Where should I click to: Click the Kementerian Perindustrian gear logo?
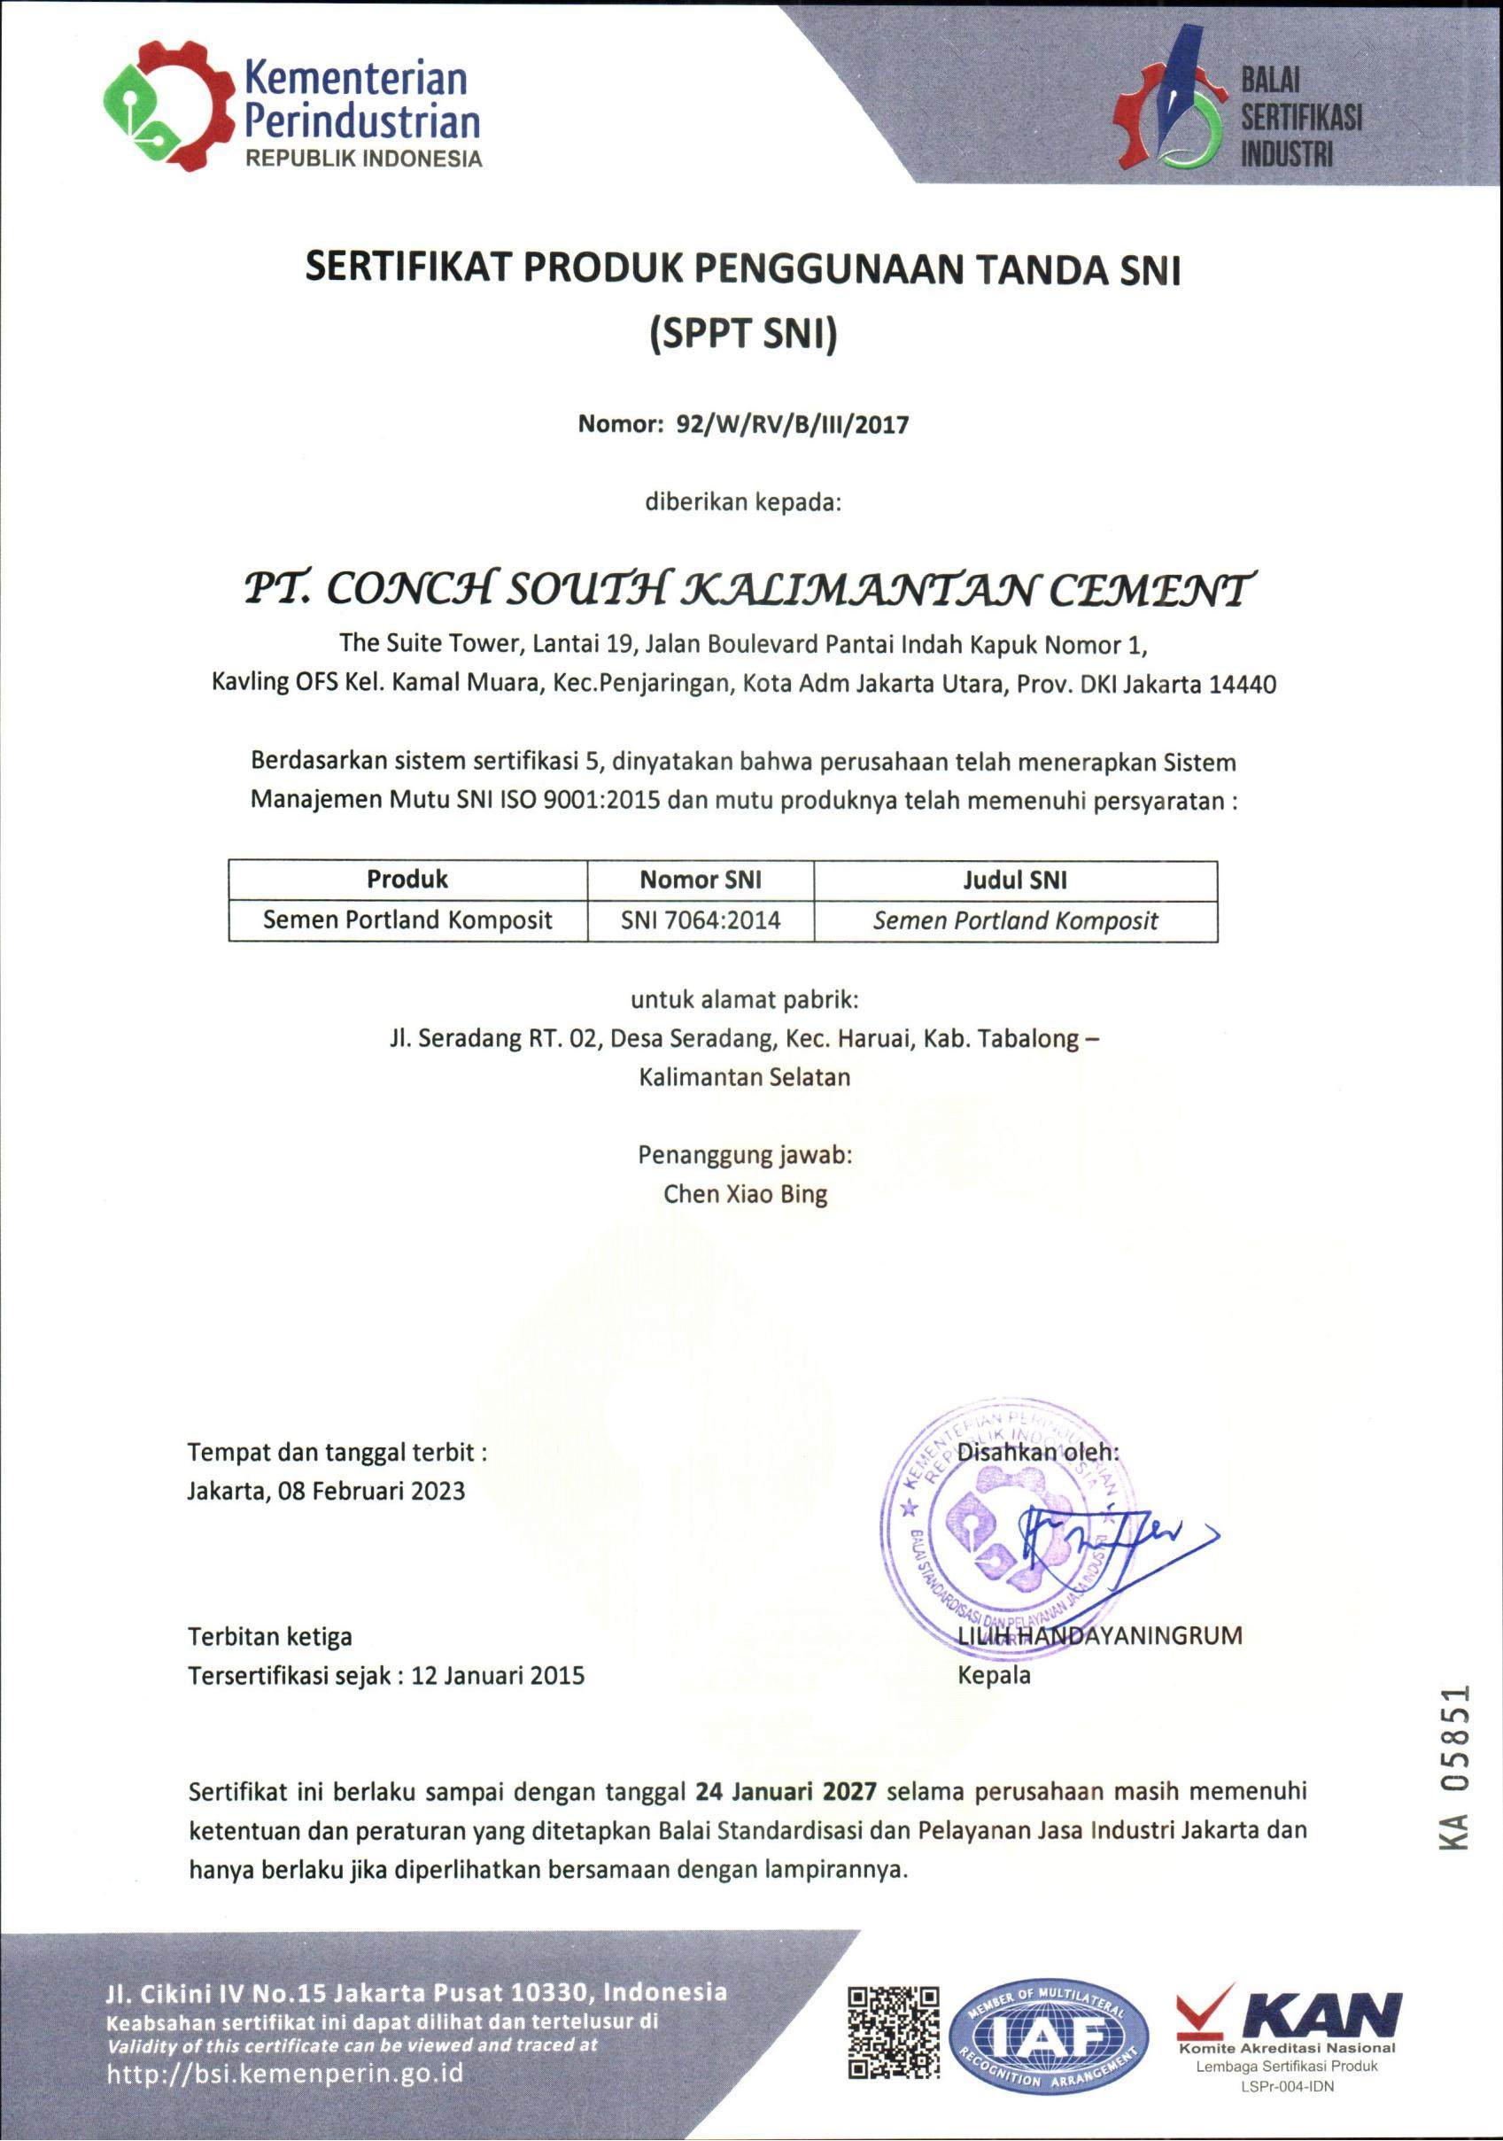tap(167, 105)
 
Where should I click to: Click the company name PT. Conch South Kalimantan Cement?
tap(744, 588)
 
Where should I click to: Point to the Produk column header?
tap(407, 880)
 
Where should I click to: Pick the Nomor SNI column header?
tap(701, 880)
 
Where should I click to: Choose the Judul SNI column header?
tap(1014, 880)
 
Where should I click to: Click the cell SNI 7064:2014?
tap(701, 920)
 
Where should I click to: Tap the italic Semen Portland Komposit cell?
tap(1014, 921)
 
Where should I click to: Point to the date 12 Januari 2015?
tap(498, 1675)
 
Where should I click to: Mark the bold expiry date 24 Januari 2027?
tap(785, 1790)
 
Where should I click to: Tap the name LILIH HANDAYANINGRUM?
tap(1099, 1634)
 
